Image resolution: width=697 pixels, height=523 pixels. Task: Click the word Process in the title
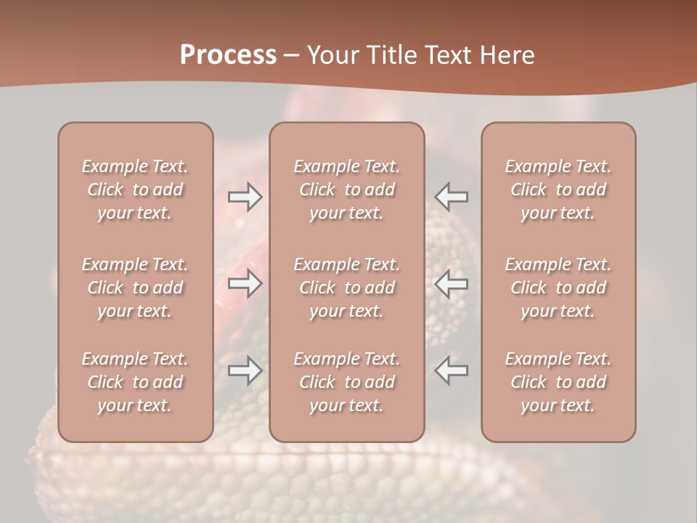[x=228, y=55]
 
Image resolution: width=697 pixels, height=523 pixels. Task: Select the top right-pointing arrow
[x=245, y=197]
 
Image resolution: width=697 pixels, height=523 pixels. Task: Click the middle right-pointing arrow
[x=245, y=283]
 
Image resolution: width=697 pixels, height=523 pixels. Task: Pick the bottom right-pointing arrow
[x=245, y=370]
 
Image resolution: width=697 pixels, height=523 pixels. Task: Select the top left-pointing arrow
[x=452, y=197]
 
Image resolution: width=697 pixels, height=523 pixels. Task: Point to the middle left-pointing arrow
[x=452, y=283]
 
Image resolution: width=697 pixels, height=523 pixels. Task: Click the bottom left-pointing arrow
[x=452, y=370]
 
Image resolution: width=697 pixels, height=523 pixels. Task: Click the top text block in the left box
[x=135, y=190]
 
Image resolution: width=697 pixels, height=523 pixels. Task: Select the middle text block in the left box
[x=135, y=288]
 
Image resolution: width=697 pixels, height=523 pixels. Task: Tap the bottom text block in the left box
[x=135, y=382]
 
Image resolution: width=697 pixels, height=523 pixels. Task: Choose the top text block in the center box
[x=347, y=190]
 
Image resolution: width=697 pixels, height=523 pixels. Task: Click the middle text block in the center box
[x=347, y=288]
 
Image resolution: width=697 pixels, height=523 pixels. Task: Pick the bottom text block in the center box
[x=347, y=382]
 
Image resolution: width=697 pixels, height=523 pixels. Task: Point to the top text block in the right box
[x=558, y=190]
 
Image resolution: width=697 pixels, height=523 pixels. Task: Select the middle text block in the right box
[x=558, y=288]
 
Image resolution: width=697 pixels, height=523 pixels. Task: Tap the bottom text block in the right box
[x=558, y=382]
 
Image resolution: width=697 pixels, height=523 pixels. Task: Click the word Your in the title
[x=331, y=55]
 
